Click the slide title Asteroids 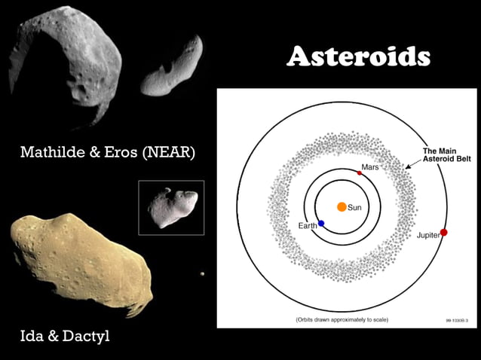click(358, 57)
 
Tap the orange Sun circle click(342, 206)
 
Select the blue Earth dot click(321, 224)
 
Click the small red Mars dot click(360, 172)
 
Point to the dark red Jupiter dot click(444, 232)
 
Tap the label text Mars click(370, 166)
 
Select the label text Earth click(307, 226)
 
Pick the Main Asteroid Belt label click(440, 154)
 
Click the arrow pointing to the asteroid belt click(412, 162)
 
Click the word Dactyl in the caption click(86, 336)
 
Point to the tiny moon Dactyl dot click(202, 274)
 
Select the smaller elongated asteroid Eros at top click(171, 69)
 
